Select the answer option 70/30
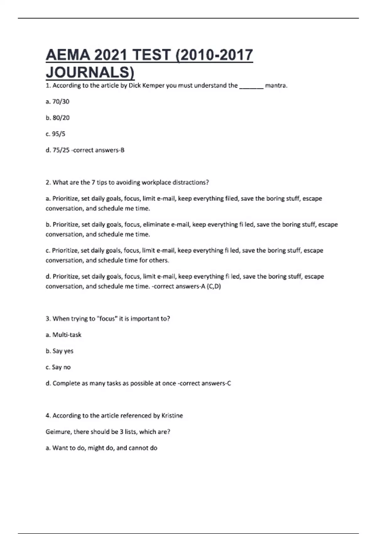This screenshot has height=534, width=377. [61, 101]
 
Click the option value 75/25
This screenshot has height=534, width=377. [61, 150]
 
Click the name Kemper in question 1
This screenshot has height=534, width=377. [154, 85]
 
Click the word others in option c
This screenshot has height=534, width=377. [160, 260]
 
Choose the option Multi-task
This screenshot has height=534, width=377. [67, 335]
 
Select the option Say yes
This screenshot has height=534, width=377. [63, 351]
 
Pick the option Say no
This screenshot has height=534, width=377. [61, 367]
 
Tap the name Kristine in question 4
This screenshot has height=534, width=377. [172, 416]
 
